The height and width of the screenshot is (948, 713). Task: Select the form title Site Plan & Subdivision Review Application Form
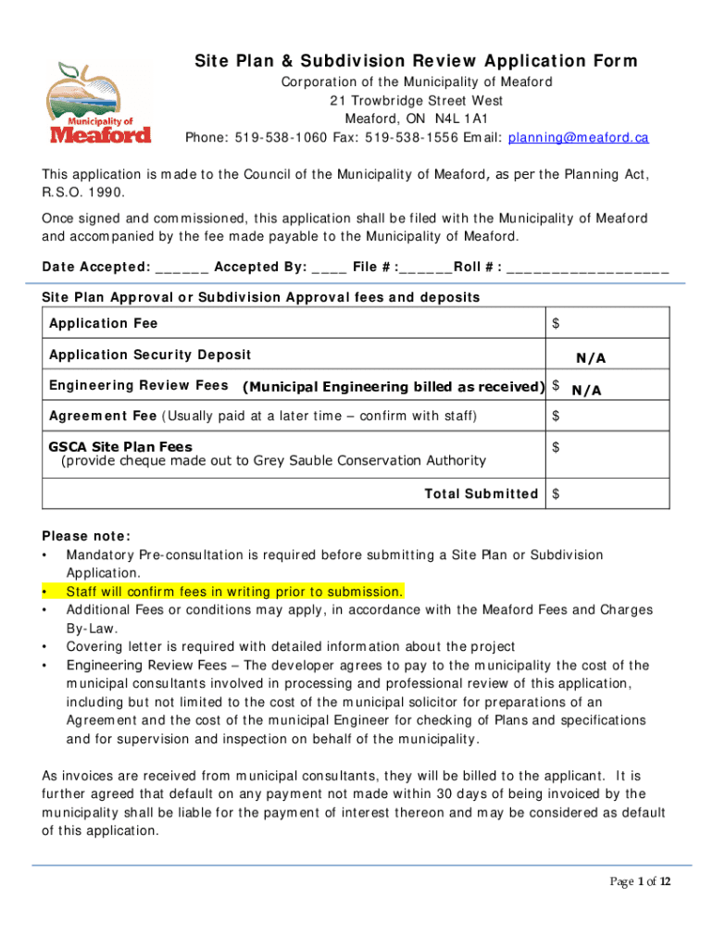pos(416,62)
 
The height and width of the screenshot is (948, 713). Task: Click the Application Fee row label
pos(103,323)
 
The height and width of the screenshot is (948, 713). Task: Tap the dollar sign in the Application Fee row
pos(556,323)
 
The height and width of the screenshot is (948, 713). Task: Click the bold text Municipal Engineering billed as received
pos(394,387)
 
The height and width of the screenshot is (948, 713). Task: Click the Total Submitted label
pos(481,493)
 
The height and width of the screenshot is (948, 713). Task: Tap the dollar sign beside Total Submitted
pos(556,493)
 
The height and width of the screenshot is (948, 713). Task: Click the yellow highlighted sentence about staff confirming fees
pos(234,592)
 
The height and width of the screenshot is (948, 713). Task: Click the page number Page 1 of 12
pos(639,881)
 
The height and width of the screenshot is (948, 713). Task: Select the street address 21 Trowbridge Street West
pos(417,101)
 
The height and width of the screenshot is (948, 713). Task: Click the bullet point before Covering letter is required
pos(45,647)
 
